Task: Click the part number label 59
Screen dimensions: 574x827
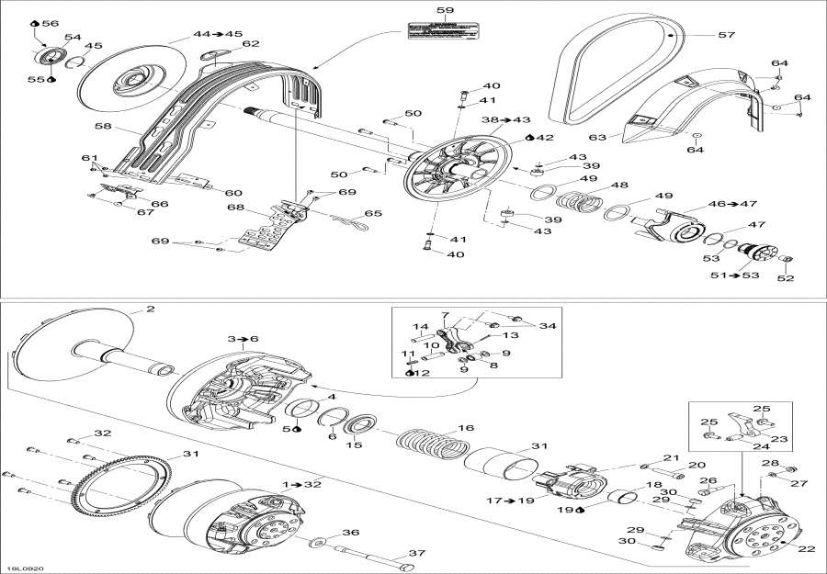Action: click(x=445, y=10)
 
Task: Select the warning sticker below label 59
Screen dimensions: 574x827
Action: click(x=445, y=31)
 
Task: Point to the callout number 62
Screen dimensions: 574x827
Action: click(x=250, y=44)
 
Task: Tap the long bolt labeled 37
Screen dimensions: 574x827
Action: click(x=368, y=557)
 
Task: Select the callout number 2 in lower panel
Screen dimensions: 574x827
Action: click(x=150, y=310)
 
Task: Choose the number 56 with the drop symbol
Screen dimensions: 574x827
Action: click(x=48, y=23)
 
